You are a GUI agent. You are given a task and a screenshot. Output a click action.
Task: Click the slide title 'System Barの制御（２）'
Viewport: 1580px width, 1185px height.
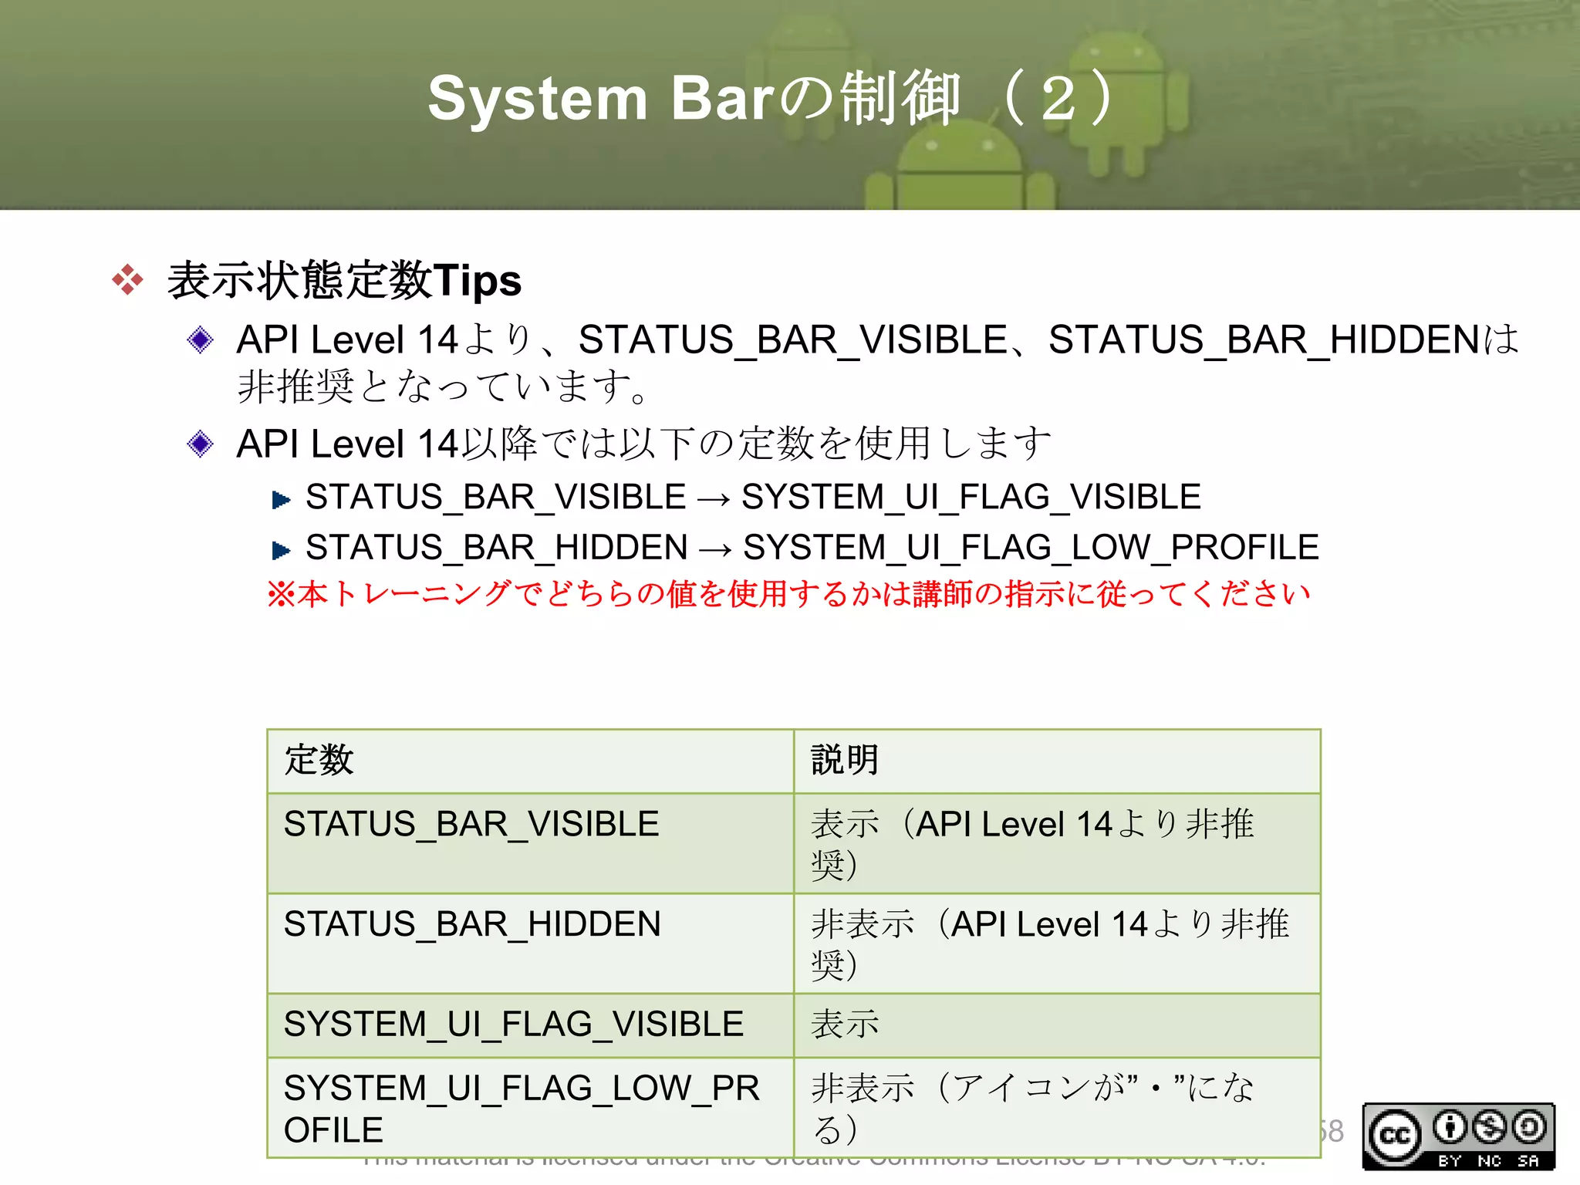point(771,99)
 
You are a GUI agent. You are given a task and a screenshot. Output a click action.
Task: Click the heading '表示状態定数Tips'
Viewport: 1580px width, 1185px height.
point(344,279)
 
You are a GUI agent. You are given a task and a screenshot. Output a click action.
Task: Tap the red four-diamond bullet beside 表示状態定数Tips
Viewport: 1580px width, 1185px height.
point(127,279)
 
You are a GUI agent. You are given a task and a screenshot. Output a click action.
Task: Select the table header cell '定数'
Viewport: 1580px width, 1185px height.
point(319,760)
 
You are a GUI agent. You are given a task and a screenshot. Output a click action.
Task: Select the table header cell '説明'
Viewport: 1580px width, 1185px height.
point(845,760)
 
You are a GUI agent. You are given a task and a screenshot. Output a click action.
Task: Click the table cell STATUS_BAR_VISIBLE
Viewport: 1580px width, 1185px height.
point(471,824)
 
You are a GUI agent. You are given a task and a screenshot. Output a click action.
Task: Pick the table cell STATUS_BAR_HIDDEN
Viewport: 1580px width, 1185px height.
point(472,924)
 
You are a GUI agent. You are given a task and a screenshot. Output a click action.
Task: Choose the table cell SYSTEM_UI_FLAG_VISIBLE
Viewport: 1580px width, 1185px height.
point(513,1025)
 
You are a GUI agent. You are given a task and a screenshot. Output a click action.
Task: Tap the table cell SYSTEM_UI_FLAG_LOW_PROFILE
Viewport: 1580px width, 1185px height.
point(522,1109)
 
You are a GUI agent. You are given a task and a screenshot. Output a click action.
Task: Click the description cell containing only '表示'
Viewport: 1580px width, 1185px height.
point(845,1025)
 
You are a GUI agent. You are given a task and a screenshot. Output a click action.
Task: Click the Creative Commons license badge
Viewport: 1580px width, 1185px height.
point(1458,1137)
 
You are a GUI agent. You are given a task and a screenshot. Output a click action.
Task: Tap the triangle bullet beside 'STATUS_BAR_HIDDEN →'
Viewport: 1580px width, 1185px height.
point(281,550)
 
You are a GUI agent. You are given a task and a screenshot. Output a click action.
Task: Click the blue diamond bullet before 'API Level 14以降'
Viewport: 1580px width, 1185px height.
point(201,444)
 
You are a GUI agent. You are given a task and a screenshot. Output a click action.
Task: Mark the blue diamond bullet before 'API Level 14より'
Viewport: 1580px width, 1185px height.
point(201,339)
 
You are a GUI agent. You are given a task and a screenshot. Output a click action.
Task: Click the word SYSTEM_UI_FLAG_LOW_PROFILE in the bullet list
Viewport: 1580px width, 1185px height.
point(1031,548)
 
